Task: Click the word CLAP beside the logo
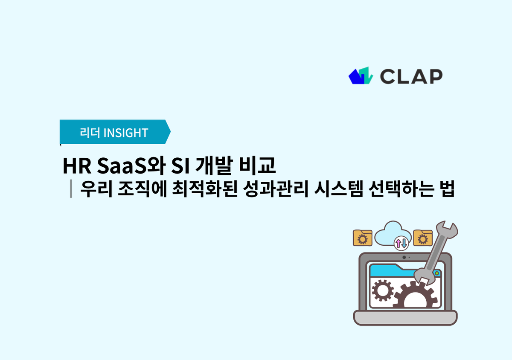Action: [x=411, y=76]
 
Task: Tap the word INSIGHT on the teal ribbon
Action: [x=125, y=133]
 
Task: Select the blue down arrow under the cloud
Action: [x=404, y=243]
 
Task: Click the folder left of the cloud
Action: [x=363, y=238]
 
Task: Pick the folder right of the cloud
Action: [x=423, y=238]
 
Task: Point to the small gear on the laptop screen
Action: [x=382, y=291]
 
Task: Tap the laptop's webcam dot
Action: [x=404, y=257]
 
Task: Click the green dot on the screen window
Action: [x=436, y=272]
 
